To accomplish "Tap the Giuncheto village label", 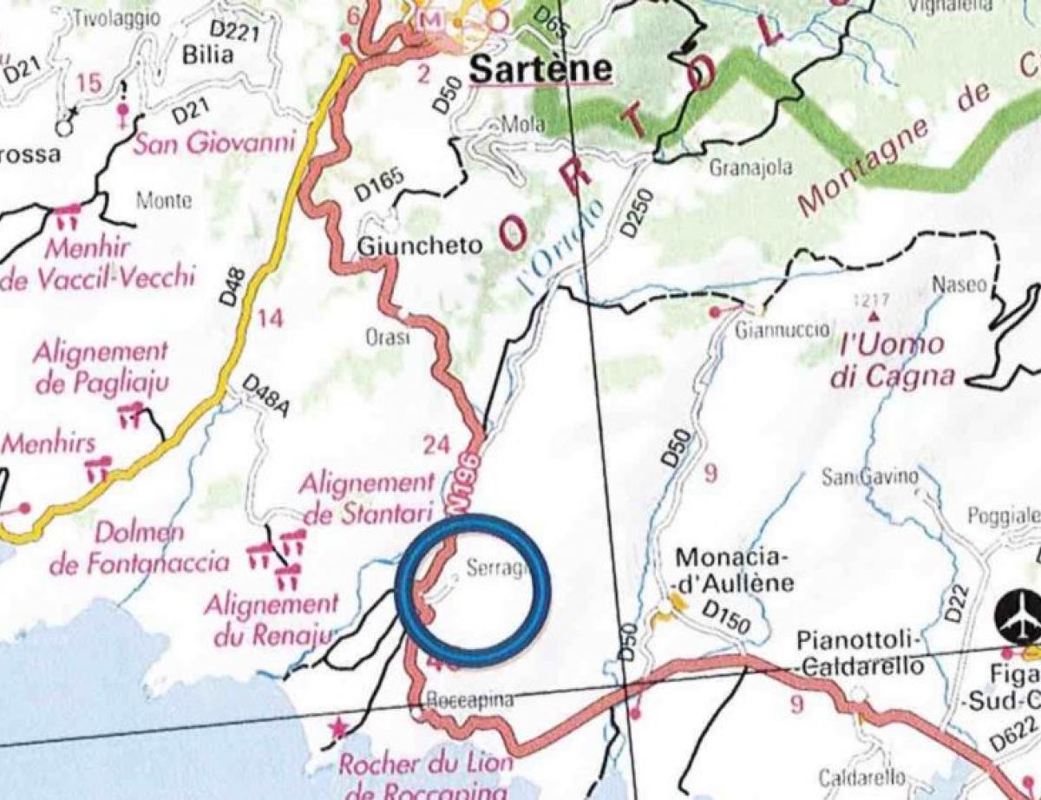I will [x=419, y=246].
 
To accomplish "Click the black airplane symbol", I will [x=1018, y=614].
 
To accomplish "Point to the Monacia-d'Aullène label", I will [x=734, y=569].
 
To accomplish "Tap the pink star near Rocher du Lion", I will [x=331, y=731].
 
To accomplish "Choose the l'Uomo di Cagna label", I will [x=897, y=360].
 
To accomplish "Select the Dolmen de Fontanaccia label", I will [x=139, y=548].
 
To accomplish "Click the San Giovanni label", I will [x=213, y=141].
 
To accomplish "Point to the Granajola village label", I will [x=751, y=168].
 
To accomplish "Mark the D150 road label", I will [x=726, y=618].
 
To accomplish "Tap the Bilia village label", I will [x=208, y=55].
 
